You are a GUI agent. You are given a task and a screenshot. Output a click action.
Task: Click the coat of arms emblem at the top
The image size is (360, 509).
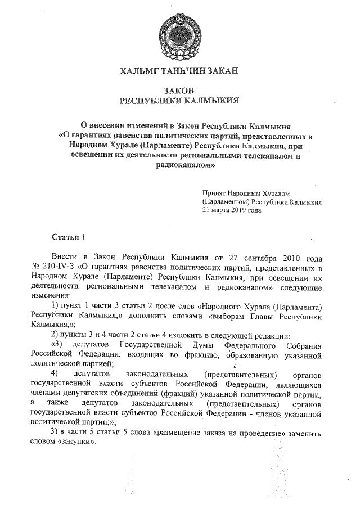179,34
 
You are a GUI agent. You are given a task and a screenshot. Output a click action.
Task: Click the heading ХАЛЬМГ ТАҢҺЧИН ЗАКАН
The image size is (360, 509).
179,71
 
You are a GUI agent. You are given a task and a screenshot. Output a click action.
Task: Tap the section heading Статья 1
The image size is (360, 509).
68,236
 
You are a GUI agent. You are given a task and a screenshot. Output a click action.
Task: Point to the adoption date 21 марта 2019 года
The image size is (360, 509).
232,211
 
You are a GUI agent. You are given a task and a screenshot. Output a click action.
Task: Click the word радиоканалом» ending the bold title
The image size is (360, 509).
179,166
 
